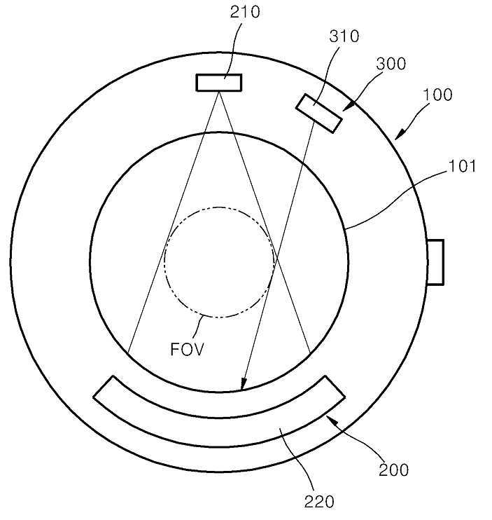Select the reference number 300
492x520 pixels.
(x=391, y=64)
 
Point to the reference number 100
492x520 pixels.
(x=437, y=95)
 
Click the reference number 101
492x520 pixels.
(x=463, y=167)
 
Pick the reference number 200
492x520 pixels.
(x=394, y=469)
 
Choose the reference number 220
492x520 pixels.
(x=319, y=500)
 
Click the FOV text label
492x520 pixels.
(x=188, y=348)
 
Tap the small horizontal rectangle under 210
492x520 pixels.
(x=219, y=83)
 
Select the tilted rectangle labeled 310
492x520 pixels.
(x=319, y=113)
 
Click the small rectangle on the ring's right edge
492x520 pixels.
(x=435, y=262)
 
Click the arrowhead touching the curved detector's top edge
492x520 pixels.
(x=242, y=385)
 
